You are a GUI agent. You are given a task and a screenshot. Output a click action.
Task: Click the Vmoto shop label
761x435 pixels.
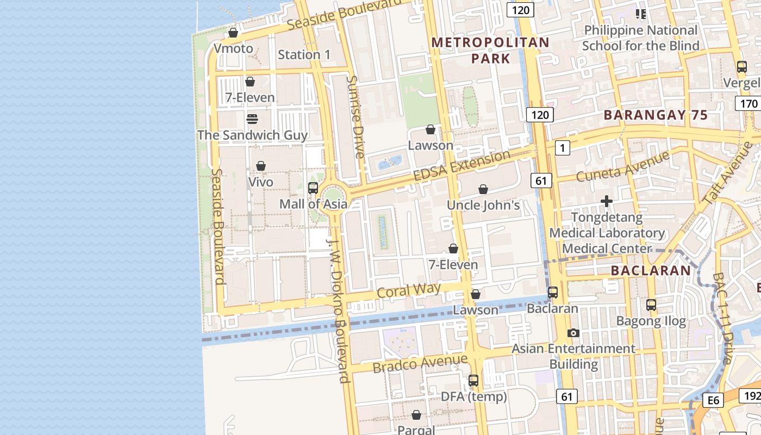point(233,48)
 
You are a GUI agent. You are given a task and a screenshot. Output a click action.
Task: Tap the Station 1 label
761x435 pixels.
point(304,54)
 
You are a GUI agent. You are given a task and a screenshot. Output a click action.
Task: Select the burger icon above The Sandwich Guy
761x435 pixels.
point(252,119)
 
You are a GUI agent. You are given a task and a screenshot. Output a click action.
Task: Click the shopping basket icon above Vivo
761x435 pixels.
point(261,166)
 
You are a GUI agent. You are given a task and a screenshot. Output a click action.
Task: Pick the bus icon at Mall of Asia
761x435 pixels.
point(313,188)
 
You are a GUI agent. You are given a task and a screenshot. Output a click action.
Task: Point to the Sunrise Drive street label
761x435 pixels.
point(355,116)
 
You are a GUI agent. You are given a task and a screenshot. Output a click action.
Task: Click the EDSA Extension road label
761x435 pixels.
point(461,166)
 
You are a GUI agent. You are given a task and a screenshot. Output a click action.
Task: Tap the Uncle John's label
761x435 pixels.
point(483,205)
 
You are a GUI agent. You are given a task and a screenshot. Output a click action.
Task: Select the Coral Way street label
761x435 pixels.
point(408,290)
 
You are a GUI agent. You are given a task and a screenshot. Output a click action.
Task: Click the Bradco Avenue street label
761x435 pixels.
point(420,363)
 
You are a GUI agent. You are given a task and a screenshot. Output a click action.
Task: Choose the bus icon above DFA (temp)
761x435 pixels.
point(473,381)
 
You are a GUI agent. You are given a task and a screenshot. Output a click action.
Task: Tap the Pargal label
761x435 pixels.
point(416,430)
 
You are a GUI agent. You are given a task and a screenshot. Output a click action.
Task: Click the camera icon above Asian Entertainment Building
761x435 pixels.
point(573,333)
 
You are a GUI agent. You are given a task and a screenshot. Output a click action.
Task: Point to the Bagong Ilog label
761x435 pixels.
point(651,321)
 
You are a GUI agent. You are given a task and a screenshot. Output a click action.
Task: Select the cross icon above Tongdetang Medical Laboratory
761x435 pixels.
point(607,202)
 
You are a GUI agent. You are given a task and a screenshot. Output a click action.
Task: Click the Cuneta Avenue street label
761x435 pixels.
point(623,167)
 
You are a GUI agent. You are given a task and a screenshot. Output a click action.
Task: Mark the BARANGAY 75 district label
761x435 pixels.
point(656,115)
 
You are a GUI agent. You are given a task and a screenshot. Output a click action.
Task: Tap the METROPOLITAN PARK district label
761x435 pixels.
point(490,50)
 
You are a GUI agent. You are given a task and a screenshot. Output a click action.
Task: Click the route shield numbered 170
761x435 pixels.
point(748,103)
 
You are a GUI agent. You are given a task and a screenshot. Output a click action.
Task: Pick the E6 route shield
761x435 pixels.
point(713,401)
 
